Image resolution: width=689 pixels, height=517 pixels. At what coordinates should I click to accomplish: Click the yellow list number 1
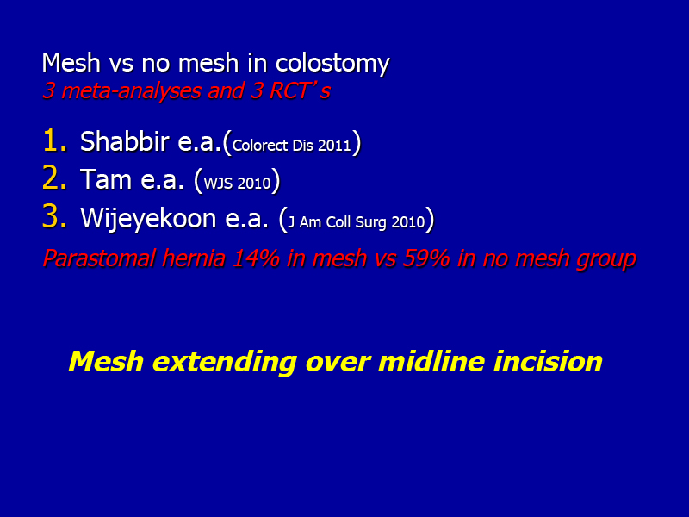tap(54, 140)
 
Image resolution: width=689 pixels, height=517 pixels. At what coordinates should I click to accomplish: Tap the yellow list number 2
tap(54, 178)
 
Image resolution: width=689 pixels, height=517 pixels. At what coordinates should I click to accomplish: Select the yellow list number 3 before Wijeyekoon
tap(54, 217)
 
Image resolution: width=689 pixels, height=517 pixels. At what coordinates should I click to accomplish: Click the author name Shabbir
tap(124, 141)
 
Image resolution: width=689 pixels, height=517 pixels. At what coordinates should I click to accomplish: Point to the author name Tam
tap(106, 179)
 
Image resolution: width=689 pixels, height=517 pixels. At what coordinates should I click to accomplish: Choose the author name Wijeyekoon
tap(148, 219)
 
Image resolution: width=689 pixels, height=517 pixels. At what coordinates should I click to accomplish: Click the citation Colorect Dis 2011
tap(292, 146)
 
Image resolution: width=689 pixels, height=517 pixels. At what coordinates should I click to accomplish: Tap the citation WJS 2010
tap(238, 184)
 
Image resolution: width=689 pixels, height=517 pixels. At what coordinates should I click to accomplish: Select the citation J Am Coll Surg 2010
tap(357, 222)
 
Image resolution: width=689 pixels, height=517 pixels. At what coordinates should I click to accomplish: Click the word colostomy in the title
tap(332, 63)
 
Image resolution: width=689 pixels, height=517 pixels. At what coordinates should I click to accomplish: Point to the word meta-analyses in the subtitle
tap(132, 91)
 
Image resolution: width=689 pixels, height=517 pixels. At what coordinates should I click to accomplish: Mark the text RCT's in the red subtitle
tap(299, 90)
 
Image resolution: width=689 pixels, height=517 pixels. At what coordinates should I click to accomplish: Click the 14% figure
tap(256, 258)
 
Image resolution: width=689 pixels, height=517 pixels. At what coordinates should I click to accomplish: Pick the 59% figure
tap(426, 258)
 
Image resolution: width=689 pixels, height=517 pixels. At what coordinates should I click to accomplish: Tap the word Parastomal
tap(99, 258)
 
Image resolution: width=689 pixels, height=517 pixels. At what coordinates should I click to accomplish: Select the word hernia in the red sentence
tap(193, 258)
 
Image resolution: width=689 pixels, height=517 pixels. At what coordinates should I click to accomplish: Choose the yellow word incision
tap(548, 361)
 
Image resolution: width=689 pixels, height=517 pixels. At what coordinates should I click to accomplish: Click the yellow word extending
tap(224, 363)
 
